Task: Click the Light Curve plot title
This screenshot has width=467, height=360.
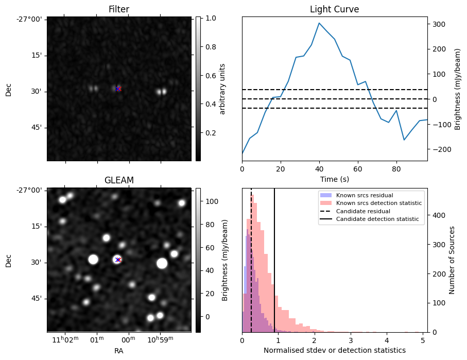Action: tap(334, 9)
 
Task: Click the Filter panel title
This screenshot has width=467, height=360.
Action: tap(119, 9)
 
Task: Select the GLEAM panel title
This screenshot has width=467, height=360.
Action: tap(119, 180)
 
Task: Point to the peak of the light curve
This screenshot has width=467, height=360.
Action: tap(319, 23)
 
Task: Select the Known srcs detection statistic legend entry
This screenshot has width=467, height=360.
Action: tap(378, 203)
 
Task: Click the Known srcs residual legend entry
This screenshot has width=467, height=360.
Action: tap(364, 195)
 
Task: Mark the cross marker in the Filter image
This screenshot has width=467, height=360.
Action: tap(118, 89)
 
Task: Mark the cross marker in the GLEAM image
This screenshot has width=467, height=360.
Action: tap(118, 260)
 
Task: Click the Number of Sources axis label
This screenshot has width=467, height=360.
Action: tap(453, 260)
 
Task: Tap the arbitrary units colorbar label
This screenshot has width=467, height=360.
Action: tap(222, 89)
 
